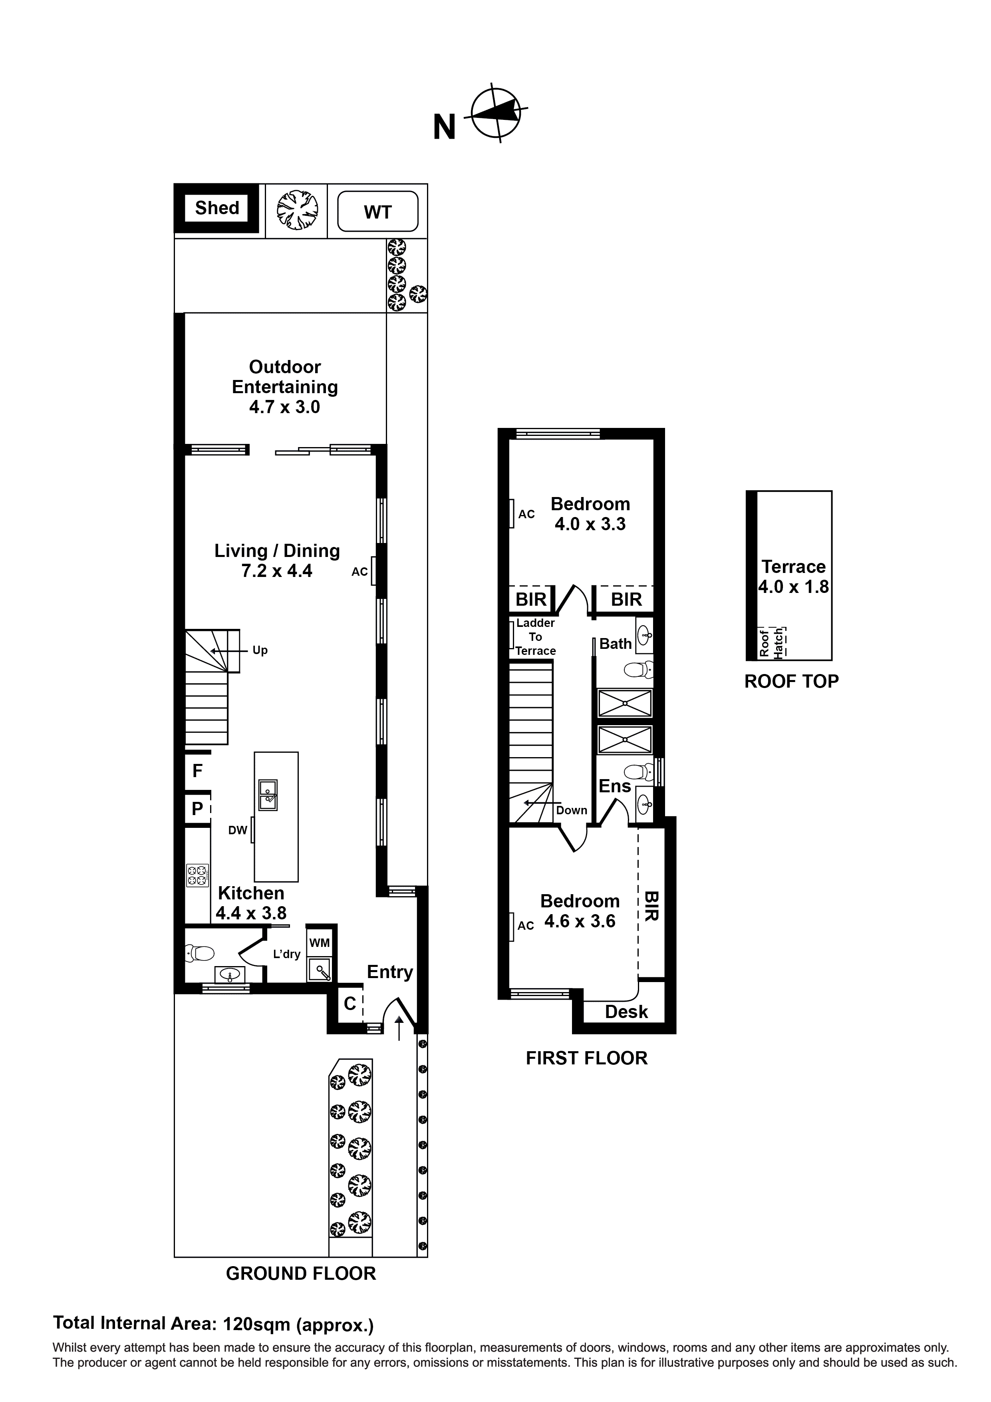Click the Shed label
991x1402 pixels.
[x=217, y=208]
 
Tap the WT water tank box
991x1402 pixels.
[x=377, y=212]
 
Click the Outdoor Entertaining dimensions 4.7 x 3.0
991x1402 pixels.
[x=284, y=407]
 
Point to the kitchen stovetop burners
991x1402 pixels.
[x=197, y=876]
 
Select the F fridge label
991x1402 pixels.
[x=197, y=771]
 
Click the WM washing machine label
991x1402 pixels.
[x=319, y=943]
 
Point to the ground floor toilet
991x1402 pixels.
[x=200, y=953]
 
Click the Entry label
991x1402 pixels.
[x=389, y=972]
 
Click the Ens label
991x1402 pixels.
[x=614, y=786]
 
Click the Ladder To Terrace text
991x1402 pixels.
[x=536, y=637]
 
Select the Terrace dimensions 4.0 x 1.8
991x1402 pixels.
[x=793, y=587]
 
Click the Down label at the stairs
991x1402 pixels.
[x=572, y=810]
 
